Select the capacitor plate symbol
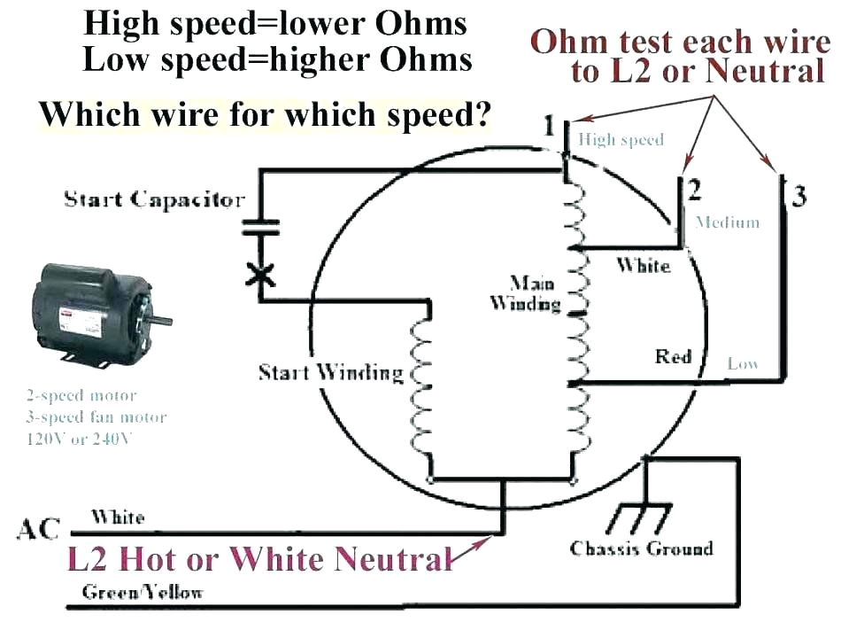click(x=260, y=228)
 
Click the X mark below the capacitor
click(x=260, y=274)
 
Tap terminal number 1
click(x=550, y=125)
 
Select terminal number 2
click(x=694, y=190)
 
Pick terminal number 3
click(x=799, y=195)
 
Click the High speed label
click(x=620, y=140)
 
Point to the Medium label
click(x=728, y=222)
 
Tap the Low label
click(x=743, y=363)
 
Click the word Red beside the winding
click(x=673, y=356)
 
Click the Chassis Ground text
click(x=641, y=548)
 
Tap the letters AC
click(x=38, y=530)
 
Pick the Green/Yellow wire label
click(x=142, y=591)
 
